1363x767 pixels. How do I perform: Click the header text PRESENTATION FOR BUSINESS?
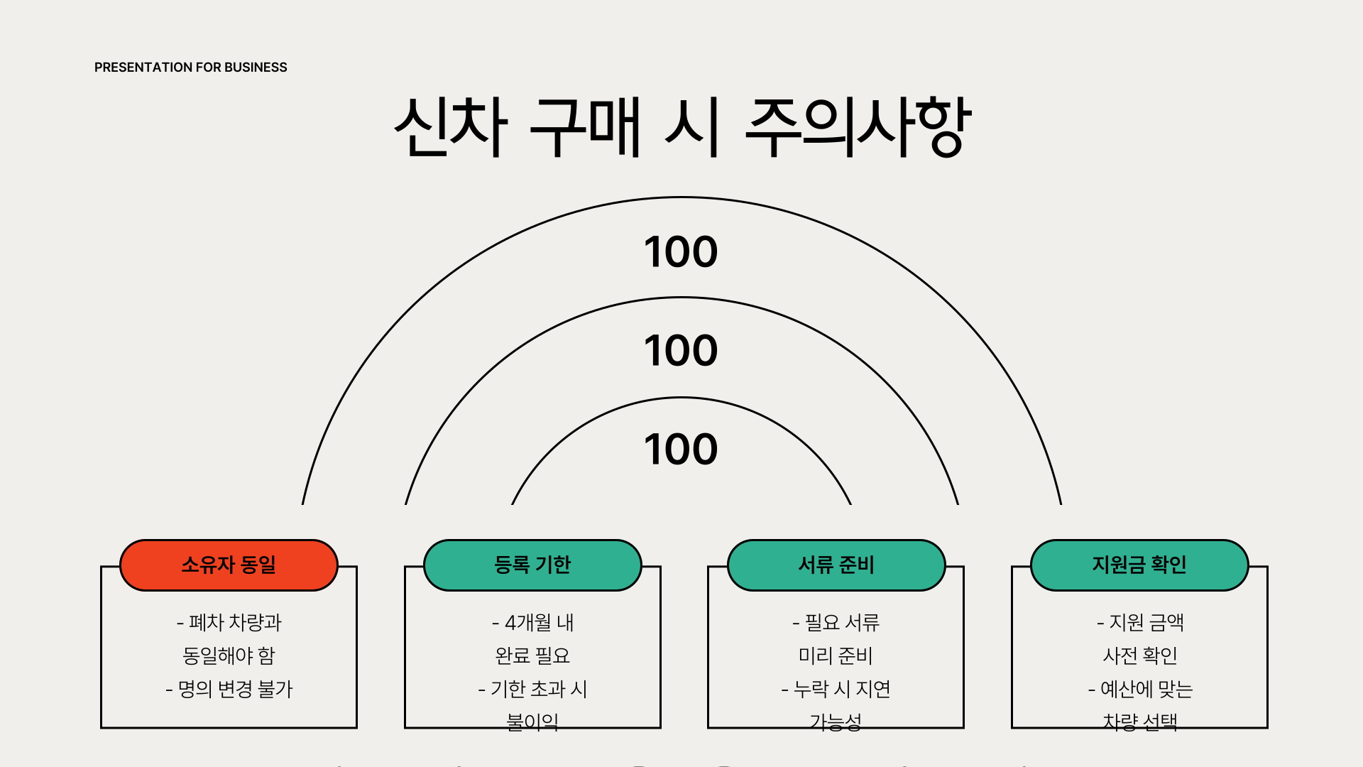[x=190, y=67]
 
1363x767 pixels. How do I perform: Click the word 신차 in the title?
[x=451, y=127]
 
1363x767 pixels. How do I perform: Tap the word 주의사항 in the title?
[x=858, y=127]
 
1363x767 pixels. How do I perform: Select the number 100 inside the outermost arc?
[x=681, y=252]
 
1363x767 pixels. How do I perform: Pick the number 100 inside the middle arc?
[x=681, y=351]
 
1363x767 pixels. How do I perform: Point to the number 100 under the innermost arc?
[x=681, y=450]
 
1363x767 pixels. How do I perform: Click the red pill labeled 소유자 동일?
[x=229, y=565]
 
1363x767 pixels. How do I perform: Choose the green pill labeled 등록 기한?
[x=532, y=565]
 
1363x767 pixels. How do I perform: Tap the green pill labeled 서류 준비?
[x=836, y=565]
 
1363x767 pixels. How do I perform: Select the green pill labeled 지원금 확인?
[x=1139, y=565]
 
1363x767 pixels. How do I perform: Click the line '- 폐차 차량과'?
[x=229, y=623]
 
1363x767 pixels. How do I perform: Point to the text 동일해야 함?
[x=229, y=656]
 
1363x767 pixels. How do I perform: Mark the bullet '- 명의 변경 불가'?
[x=229, y=689]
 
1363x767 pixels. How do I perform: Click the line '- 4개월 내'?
[x=532, y=623]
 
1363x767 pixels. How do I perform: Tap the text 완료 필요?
[x=532, y=656]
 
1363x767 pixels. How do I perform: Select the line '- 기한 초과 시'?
[x=532, y=689]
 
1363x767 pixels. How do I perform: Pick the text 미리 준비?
[x=836, y=656]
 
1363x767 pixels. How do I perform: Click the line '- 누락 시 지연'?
[x=836, y=689]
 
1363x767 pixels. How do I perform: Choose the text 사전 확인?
[x=1140, y=656]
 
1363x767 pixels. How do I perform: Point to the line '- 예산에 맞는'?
[x=1140, y=689]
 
